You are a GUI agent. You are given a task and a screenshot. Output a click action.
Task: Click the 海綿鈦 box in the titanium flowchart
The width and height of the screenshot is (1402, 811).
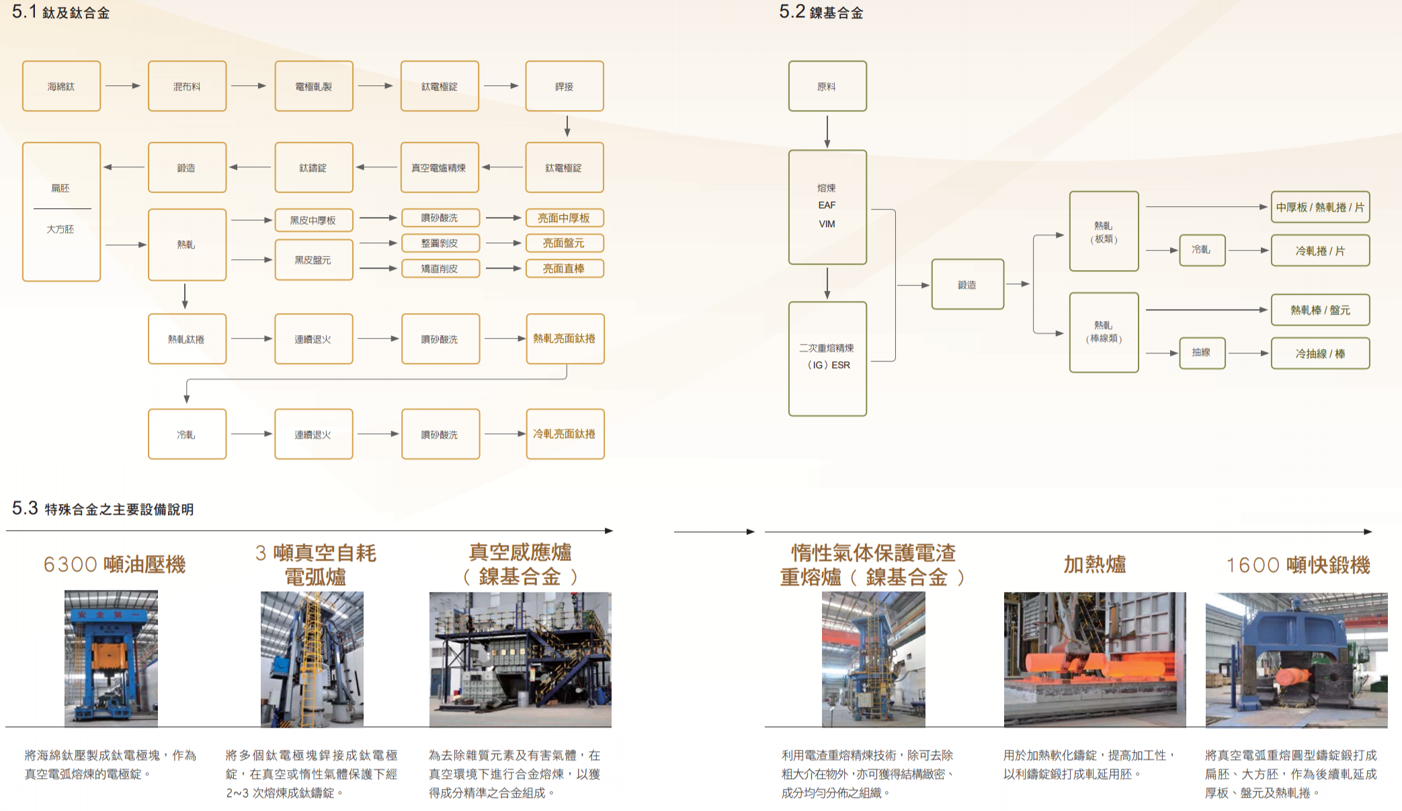pyautogui.click(x=61, y=86)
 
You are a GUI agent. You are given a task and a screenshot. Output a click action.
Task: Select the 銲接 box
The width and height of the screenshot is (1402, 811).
pyautogui.click(x=565, y=86)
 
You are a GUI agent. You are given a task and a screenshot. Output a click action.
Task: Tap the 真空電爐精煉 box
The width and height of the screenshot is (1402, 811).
pyautogui.click(x=440, y=167)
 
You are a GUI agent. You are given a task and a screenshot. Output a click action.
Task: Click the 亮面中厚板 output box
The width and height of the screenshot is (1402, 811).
pyautogui.click(x=565, y=218)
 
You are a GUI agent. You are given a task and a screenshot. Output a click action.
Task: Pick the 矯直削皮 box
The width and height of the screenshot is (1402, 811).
pyautogui.click(x=440, y=268)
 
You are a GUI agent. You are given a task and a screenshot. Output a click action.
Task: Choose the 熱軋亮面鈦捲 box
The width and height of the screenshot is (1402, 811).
pyautogui.click(x=565, y=339)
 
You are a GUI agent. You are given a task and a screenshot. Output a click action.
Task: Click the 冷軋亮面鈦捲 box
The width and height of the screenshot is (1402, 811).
pyautogui.click(x=565, y=434)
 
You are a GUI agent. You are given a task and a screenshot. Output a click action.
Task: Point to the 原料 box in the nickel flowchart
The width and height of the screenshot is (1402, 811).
pyautogui.click(x=827, y=86)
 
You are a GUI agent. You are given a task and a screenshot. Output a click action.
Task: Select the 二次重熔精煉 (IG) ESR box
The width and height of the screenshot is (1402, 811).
pyautogui.click(x=827, y=359)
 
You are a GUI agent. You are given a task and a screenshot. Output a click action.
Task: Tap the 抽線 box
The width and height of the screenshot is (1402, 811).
pyautogui.click(x=1202, y=353)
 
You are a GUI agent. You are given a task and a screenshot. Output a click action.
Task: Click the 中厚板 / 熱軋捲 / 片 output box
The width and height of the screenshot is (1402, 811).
pyautogui.click(x=1320, y=207)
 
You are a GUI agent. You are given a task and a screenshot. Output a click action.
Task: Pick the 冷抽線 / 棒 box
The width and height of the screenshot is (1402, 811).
pyautogui.click(x=1320, y=353)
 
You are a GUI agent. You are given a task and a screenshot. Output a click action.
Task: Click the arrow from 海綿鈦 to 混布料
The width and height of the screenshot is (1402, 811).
pyautogui.click(x=123, y=86)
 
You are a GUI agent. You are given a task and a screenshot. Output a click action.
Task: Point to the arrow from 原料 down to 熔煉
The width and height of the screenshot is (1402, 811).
pyautogui.click(x=827, y=132)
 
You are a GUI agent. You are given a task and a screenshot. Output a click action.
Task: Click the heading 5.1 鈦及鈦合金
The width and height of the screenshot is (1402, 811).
pyautogui.click(x=60, y=12)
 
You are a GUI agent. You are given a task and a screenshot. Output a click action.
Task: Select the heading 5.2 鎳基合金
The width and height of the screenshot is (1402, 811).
pyautogui.click(x=821, y=12)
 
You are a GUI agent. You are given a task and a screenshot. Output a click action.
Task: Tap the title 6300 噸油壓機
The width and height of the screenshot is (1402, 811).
pyautogui.click(x=114, y=564)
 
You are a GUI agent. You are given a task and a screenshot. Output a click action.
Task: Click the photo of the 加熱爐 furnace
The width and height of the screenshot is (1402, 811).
pyautogui.click(x=1095, y=659)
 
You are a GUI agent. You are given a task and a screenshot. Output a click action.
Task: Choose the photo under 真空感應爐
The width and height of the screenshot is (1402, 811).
pyautogui.click(x=520, y=659)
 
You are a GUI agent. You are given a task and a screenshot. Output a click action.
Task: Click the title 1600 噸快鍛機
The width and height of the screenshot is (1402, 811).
pyautogui.click(x=1298, y=565)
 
